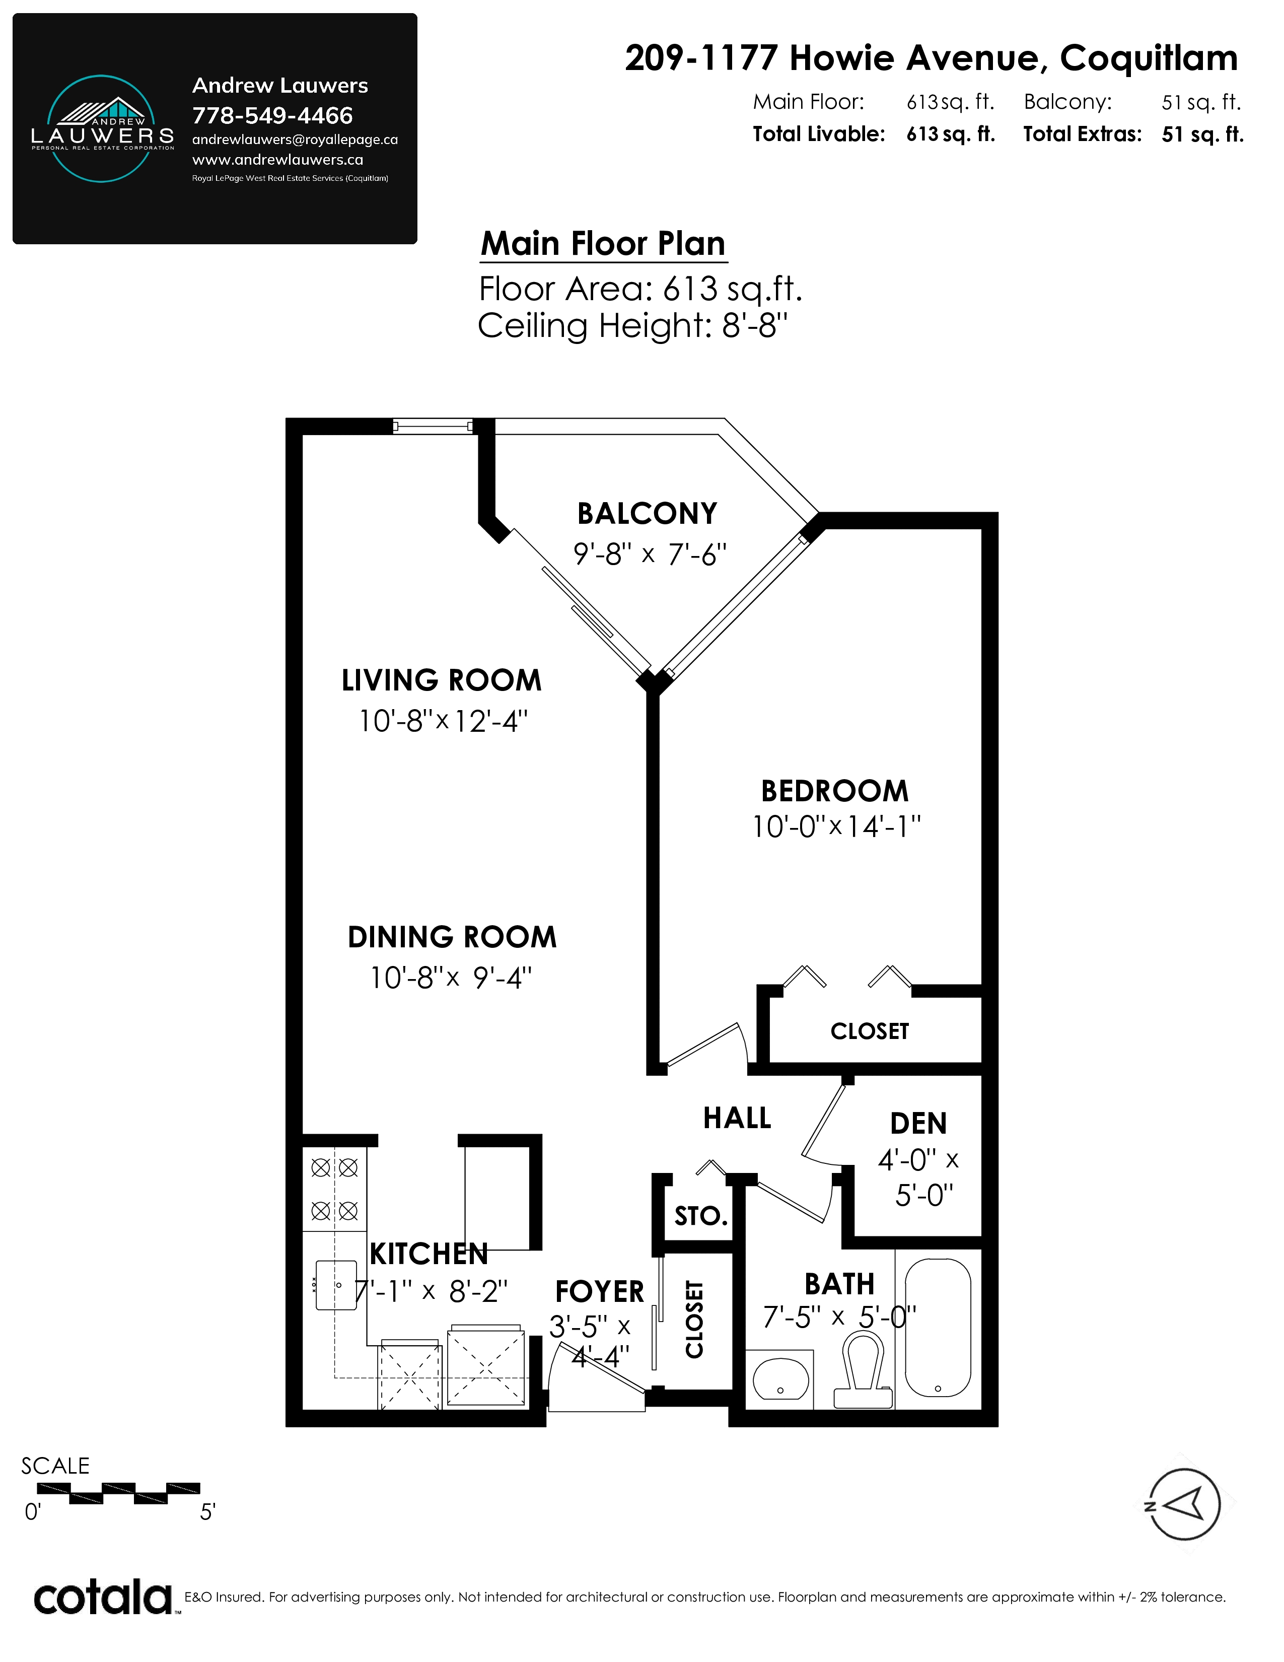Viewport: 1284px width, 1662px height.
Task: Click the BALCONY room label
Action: (x=648, y=514)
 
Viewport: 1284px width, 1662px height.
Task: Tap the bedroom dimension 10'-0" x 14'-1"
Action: (x=836, y=826)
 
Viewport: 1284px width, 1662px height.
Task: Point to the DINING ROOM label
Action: (x=452, y=937)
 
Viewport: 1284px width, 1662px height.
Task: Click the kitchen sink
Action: (x=336, y=1285)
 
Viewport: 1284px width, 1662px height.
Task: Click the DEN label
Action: (x=918, y=1123)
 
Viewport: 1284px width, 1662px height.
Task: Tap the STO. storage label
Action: (x=700, y=1216)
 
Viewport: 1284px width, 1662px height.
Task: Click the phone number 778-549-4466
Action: (x=272, y=116)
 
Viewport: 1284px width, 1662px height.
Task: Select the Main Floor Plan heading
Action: (x=603, y=244)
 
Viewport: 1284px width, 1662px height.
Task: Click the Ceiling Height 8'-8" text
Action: (x=632, y=326)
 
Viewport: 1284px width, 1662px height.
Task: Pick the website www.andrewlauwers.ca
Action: (x=277, y=160)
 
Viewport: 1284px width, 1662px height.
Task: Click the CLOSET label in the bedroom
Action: (x=870, y=1031)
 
